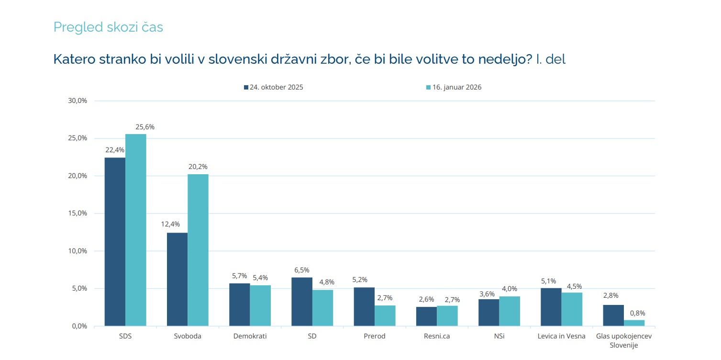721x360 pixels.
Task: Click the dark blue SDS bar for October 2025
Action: (115, 242)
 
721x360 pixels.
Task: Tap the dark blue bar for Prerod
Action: (364, 306)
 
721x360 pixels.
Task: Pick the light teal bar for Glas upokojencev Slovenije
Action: (634, 323)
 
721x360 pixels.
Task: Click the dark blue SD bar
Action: (302, 302)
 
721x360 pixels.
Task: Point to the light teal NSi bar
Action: (510, 311)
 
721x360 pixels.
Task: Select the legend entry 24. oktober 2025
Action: (273, 88)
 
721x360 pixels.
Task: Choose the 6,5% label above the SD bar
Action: (302, 269)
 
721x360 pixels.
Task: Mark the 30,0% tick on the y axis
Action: (78, 101)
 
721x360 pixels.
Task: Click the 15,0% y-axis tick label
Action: (78, 214)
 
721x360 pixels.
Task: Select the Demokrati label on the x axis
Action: (250, 336)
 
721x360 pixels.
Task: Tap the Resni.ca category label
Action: (437, 336)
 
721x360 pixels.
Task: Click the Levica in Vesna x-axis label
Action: (562, 336)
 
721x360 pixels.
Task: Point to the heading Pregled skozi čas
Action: (108, 27)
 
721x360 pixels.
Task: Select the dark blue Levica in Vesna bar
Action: (551, 307)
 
